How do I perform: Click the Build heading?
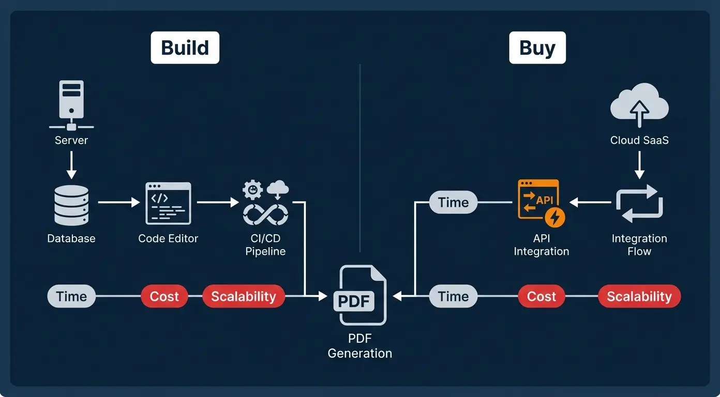pos(185,48)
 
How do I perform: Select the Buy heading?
pos(537,48)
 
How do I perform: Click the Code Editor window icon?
pos(168,203)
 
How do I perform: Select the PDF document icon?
pos(363,295)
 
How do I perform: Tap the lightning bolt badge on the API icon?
pos(556,217)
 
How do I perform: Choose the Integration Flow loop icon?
pos(639,204)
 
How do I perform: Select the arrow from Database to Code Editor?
pos(118,203)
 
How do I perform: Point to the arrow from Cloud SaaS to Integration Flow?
pos(639,165)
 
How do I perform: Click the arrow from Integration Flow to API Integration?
pos(590,203)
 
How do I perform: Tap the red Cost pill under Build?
pos(164,296)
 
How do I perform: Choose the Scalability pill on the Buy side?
pos(639,296)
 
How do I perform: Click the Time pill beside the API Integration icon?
pos(453,203)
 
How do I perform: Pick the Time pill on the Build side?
pos(71,296)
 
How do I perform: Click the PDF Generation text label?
pos(360,346)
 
